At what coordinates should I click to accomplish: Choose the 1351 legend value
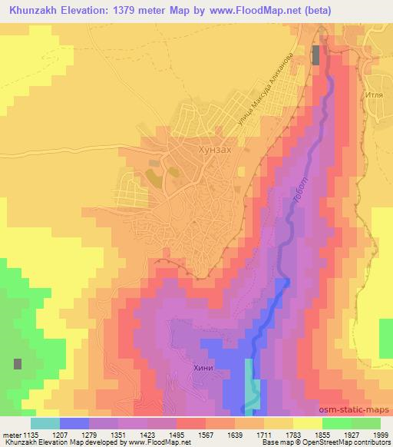click(117, 435)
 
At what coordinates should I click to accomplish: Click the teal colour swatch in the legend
click(45, 423)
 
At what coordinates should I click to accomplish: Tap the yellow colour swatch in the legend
click(307, 423)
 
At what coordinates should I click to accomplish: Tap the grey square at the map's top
click(316, 55)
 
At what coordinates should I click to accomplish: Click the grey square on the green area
click(17, 364)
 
